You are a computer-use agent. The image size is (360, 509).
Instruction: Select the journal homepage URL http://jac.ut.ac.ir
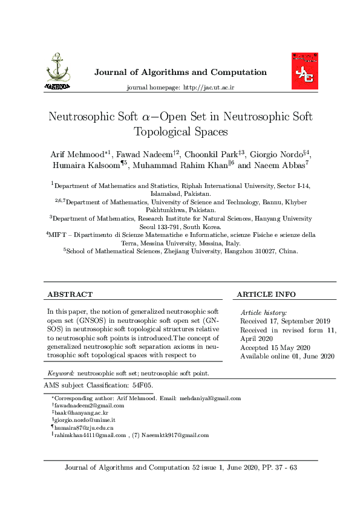click(x=208, y=88)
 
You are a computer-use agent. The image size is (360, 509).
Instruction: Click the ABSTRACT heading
click(x=70, y=294)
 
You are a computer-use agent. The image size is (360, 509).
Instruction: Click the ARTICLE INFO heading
click(x=266, y=294)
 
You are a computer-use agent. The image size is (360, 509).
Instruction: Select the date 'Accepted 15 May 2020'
click(x=275, y=348)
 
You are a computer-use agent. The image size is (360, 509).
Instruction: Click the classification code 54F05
click(x=142, y=384)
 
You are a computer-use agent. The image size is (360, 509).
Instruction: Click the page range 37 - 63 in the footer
click(x=281, y=468)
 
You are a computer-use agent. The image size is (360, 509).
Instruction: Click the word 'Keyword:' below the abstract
click(x=61, y=374)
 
